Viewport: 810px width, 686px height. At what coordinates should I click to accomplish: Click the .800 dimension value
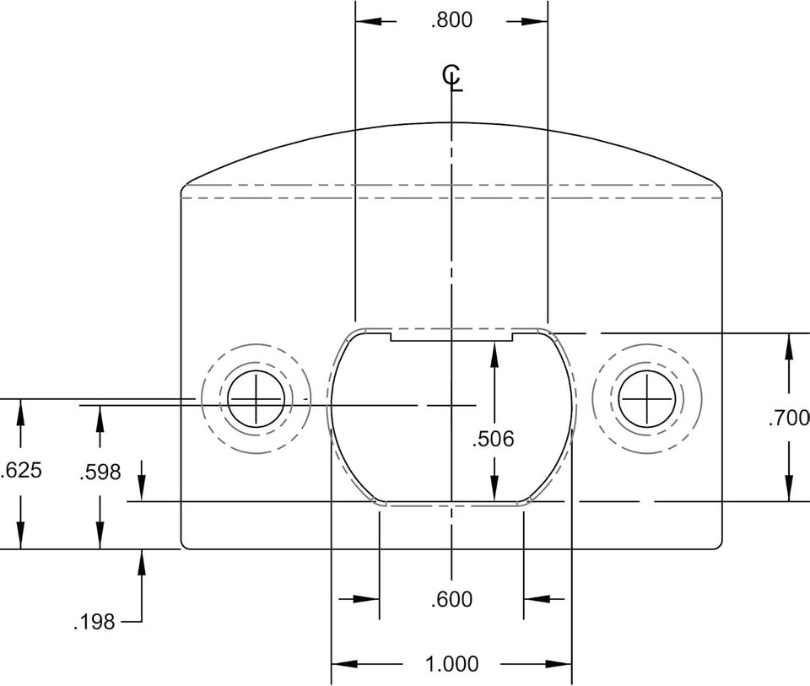(452, 20)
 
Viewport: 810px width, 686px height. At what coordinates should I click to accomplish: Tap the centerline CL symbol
(452, 78)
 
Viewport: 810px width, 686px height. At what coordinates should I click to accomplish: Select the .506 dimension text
(494, 439)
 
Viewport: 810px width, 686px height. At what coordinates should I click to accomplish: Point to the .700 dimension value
(789, 418)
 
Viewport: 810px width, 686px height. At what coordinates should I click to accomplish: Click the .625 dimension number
(20, 471)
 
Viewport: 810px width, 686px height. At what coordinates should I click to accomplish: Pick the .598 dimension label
(100, 473)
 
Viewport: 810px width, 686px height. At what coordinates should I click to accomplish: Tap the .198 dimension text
(94, 622)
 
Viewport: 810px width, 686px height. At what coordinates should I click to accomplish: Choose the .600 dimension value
(452, 600)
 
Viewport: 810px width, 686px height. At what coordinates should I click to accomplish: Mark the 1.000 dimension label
(452, 664)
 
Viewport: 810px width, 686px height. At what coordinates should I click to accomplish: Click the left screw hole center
(256, 399)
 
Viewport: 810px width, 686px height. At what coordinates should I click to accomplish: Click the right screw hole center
(647, 399)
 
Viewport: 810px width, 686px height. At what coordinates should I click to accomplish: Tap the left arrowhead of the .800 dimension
(369, 22)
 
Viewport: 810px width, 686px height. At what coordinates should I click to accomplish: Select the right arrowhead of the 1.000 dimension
(559, 664)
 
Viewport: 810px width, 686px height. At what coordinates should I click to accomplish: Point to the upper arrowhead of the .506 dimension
(494, 355)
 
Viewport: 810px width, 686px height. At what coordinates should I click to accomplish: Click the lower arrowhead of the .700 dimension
(789, 489)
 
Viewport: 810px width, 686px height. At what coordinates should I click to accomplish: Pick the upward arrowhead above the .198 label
(142, 562)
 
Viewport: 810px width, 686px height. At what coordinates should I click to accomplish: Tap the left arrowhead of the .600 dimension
(366, 599)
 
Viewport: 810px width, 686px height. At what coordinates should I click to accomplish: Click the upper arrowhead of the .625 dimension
(20, 413)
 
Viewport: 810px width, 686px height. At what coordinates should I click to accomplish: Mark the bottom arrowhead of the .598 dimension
(100, 536)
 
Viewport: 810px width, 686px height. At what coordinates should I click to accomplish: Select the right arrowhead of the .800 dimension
(535, 22)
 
